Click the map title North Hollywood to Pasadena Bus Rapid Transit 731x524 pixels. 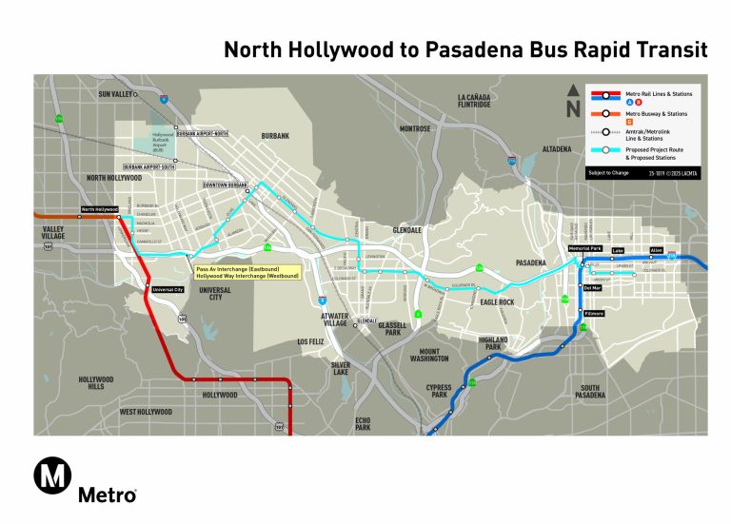pyautogui.click(x=464, y=49)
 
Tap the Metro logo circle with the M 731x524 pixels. pyautogui.click(x=52, y=475)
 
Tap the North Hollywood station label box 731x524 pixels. pyautogui.click(x=99, y=209)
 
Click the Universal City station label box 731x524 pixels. pyautogui.click(x=167, y=289)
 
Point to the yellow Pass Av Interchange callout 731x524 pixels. pyautogui.click(x=247, y=272)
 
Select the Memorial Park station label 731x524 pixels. pyautogui.click(x=585, y=248)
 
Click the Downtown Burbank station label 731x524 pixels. pyautogui.click(x=225, y=184)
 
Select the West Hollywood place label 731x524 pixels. pyautogui.click(x=146, y=412)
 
